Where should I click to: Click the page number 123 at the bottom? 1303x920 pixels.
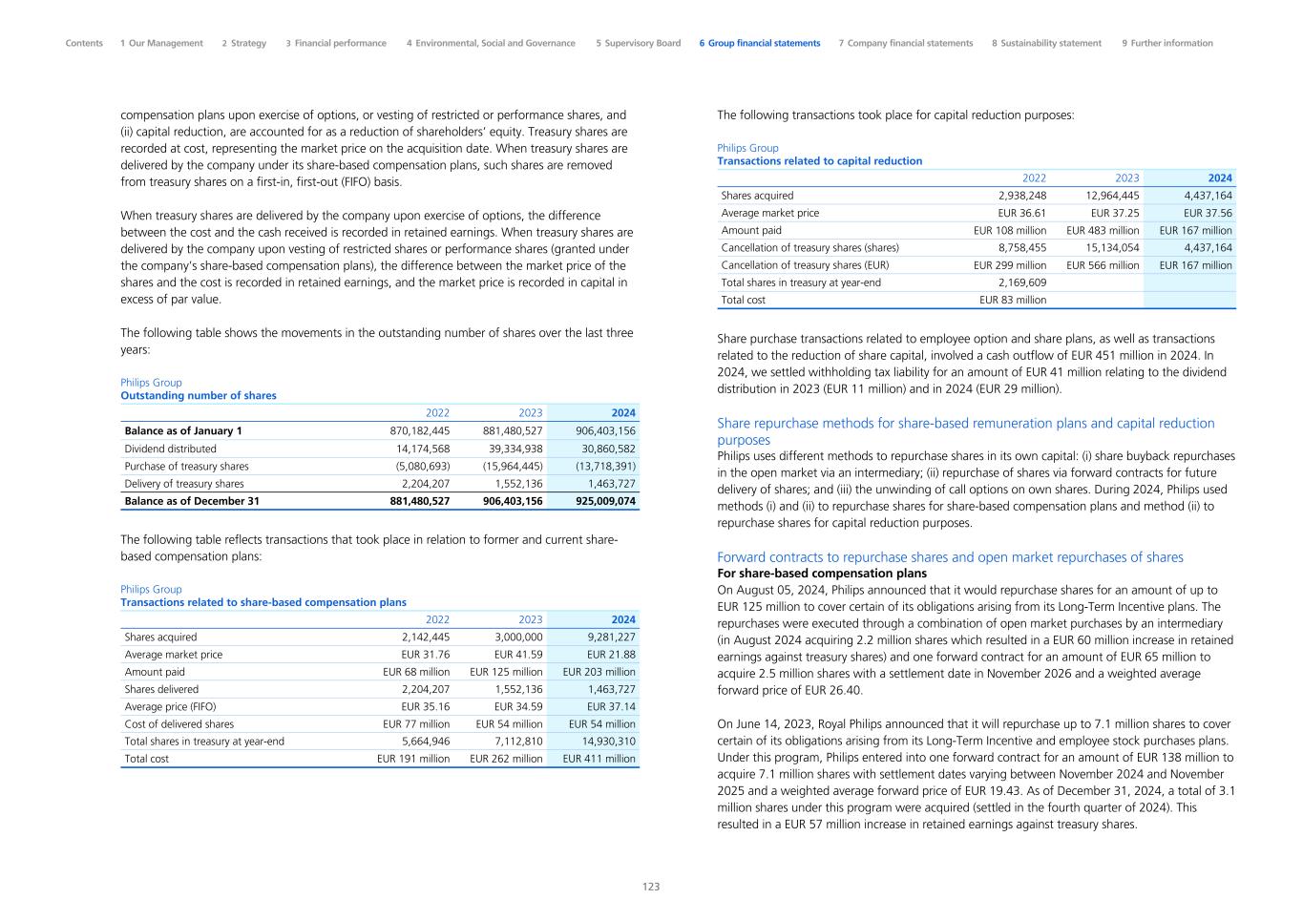(x=650, y=887)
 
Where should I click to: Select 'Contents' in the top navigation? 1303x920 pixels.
(x=84, y=43)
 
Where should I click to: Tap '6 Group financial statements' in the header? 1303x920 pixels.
(x=759, y=43)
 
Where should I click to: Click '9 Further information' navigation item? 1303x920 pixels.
(x=1167, y=43)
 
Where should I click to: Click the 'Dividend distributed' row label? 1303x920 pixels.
(x=170, y=449)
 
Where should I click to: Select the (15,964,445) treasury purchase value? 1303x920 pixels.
(x=513, y=466)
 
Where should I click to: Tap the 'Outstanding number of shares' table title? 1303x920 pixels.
(x=199, y=396)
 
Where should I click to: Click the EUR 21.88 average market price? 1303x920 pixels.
(x=611, y=655)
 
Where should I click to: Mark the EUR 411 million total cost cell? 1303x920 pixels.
(x=599, y=759)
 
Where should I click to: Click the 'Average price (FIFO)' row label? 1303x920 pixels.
(x=170, y=707)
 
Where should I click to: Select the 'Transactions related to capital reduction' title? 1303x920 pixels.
(x=819, y=161)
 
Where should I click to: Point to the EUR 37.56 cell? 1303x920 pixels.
(x=1208, y=213)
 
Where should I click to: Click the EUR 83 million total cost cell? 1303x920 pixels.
(x=1012, y=300)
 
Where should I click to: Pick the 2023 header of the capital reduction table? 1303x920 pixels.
(x=1126, y=178)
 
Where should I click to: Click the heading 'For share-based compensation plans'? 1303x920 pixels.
(x=821, y=574)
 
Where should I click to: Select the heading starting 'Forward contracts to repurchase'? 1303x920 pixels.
(x=950, y=557)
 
